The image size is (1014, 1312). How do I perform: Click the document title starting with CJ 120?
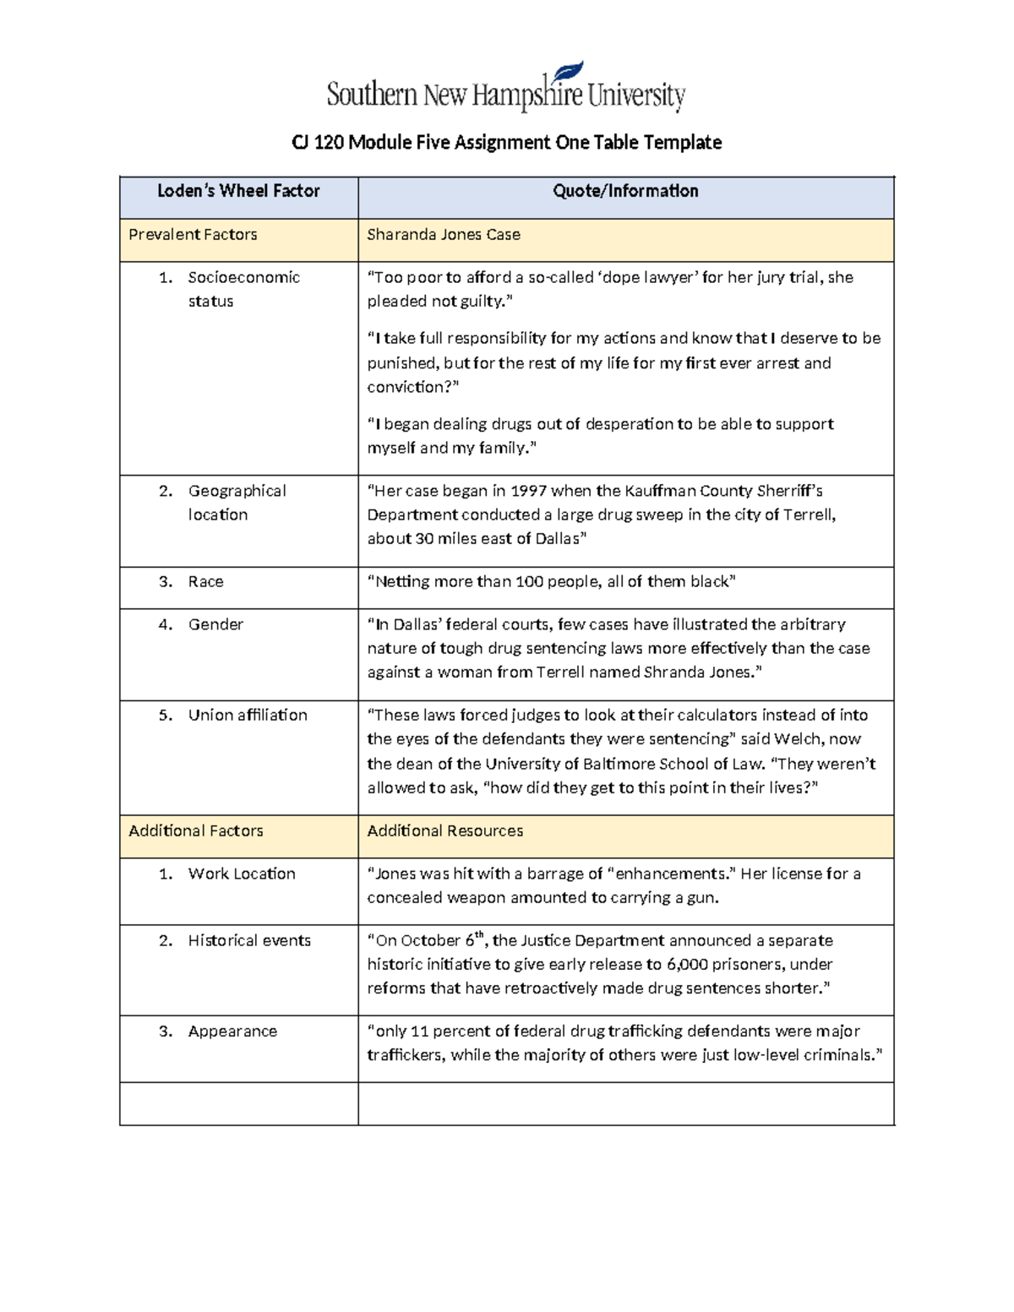point(506,143)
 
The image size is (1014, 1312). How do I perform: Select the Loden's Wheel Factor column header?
point(238,192)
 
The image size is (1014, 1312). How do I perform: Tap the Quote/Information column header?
point(625,192)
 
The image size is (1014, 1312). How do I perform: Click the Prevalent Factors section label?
point(193,235)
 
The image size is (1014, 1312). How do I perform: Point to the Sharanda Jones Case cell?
point(443,235)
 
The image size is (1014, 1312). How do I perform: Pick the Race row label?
point(205,582)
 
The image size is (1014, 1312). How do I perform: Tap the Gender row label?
point(215,624)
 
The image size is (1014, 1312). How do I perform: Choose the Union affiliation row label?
point(248,716)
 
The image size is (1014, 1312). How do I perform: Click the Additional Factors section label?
point(195,831)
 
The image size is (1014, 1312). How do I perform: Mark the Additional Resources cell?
point(444,831)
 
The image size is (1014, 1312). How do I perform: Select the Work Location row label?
point(242,874)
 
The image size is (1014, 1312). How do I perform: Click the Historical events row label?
point(249,941)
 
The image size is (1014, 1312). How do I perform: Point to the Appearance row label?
point(232,1032)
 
